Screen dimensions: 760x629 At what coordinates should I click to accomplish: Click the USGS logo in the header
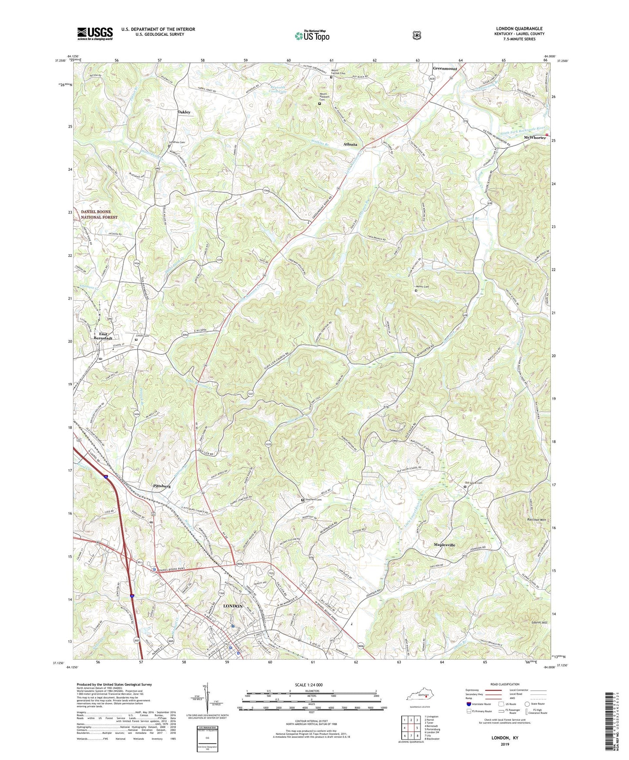click(95, 34)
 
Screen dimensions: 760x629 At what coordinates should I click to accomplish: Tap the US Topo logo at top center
click(312, 35)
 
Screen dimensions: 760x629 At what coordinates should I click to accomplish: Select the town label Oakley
click(184, 112)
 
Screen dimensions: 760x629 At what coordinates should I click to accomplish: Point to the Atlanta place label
click(350, 145)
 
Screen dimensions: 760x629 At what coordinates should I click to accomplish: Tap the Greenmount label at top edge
click(445, 69)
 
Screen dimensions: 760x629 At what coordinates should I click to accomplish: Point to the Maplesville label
click(444, 545)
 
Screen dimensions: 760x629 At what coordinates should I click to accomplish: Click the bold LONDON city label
click(233, 606)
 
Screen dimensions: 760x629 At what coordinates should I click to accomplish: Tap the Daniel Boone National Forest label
click(99, 214)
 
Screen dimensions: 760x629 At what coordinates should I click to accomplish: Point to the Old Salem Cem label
click(474, 483)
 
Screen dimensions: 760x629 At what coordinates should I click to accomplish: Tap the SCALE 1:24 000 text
click(309, 685)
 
